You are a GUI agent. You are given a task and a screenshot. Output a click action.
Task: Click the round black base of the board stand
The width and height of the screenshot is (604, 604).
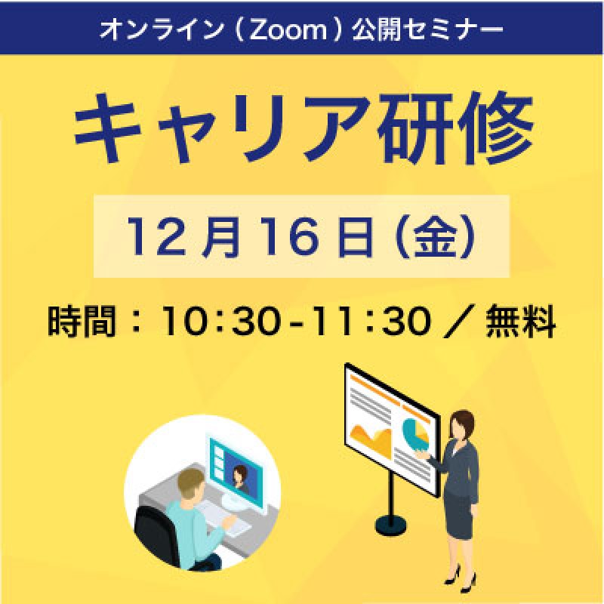pos(391,522)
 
